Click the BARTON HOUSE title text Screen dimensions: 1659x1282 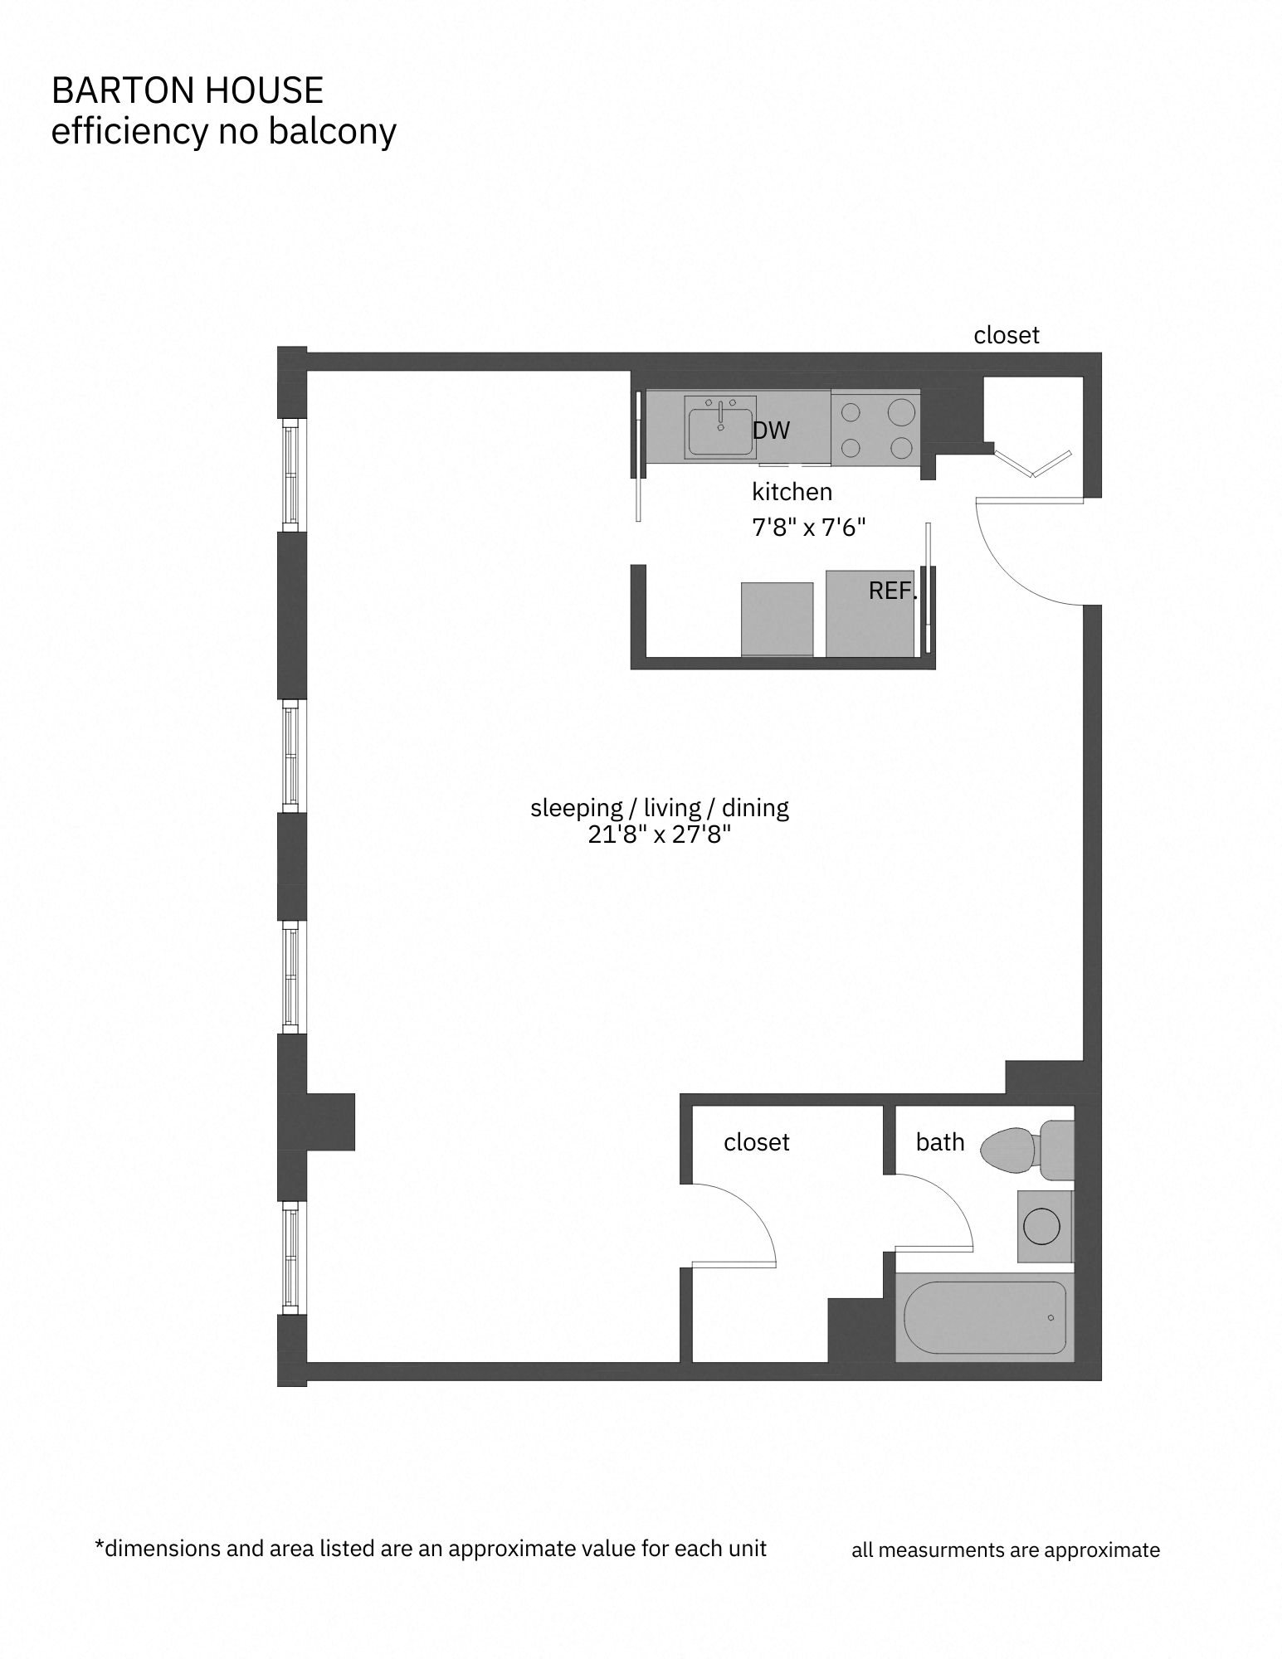187,90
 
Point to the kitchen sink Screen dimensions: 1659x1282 720,426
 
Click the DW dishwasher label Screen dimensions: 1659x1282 771,431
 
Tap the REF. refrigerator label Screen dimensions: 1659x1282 893,591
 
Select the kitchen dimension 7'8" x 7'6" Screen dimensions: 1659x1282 808,528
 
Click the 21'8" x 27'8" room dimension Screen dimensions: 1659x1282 659,834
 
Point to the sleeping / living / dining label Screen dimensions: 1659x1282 659,807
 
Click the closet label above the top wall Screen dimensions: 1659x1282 1006,335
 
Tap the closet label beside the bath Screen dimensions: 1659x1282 756,1142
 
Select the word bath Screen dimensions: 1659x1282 939,1142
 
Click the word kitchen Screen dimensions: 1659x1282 792,492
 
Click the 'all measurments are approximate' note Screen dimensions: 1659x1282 1005,1550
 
